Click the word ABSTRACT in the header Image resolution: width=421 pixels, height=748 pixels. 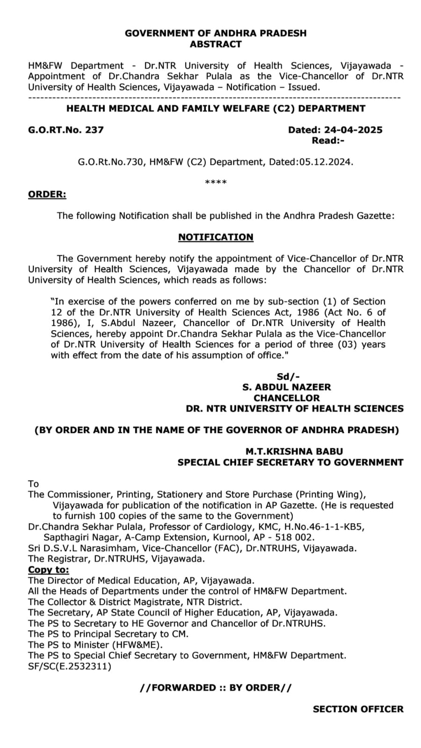pyautogui.click(x=216, y=44)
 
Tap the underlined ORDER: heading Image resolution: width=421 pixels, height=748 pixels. pyautogui.click(x=47, y=194)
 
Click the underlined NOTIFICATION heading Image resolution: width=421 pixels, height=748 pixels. pyautogui.click(x=216, y=237)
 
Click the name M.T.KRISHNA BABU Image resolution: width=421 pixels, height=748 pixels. pyautogui.click(x=294, y=452)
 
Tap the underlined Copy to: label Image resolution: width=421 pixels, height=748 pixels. pyautogui.click(x=48, y=570)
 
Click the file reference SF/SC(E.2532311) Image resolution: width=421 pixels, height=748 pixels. pyautogui.click(x=70, y=666)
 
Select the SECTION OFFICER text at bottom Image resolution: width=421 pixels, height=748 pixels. pyautogui.click(x=358, y=709)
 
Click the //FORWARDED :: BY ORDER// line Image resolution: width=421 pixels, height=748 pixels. pyautogui.click(x=216, y=688)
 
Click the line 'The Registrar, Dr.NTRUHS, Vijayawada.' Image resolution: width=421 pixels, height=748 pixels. pyautogui.click(x=116, y=559)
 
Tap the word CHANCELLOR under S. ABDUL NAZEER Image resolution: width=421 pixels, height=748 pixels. pyautogui.click(x=287, y=398)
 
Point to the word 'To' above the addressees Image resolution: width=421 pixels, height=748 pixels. pyautogui.click(x=33, y=484)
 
